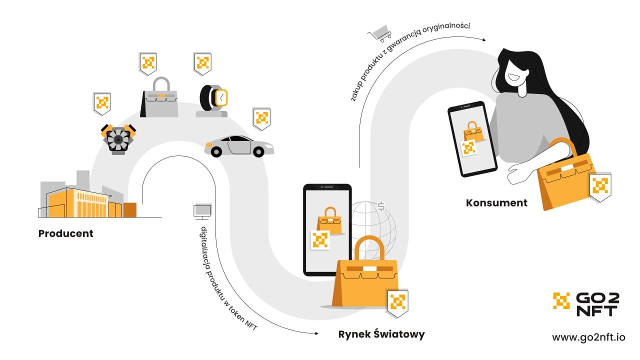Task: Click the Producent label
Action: tap(65, 233)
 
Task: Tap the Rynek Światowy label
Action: tap(381, 334)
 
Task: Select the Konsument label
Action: tap(496, 203)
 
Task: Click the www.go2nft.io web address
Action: tap(588, 337)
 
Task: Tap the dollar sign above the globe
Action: tap(381, 206)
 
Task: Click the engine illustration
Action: tap(118, 139)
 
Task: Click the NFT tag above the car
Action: tap(261, 118)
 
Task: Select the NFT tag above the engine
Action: tap(102, 103)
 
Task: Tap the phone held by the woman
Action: tap(472, 139)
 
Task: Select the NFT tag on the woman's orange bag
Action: tap(599, 186)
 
